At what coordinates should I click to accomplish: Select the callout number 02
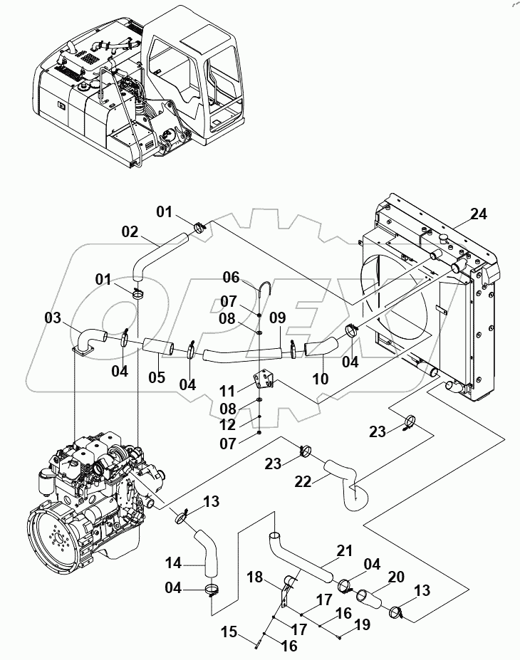point(129,232)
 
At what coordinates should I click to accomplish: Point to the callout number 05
point(156,377)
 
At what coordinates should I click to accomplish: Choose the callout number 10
point(321,378)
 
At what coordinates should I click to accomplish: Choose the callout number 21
point(345,550)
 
